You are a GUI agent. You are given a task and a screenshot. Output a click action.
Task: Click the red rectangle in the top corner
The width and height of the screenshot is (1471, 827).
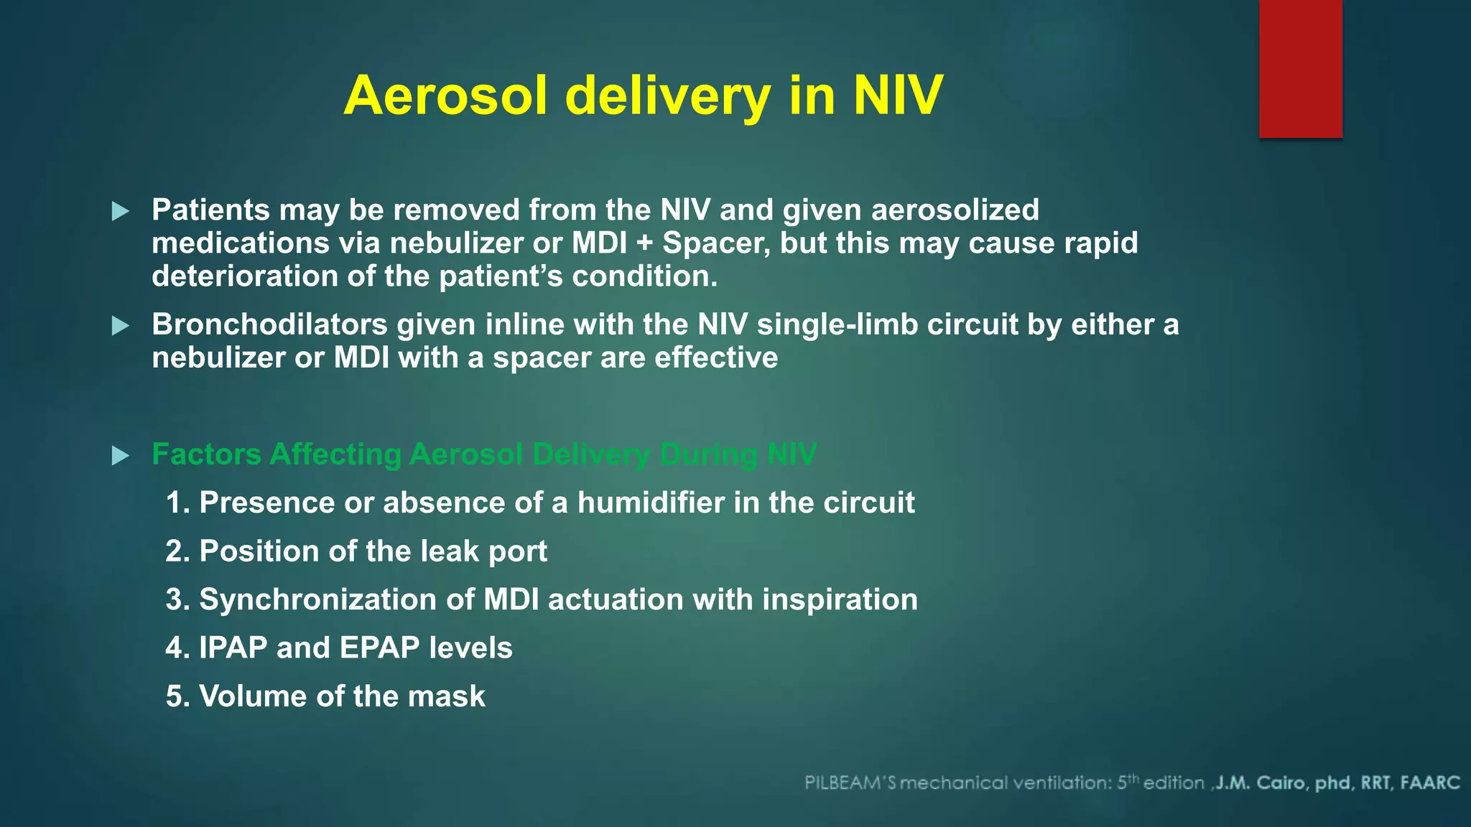tap(1300, 68)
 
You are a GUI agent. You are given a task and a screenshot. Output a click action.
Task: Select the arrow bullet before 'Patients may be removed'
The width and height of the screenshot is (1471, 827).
tap(121, 211)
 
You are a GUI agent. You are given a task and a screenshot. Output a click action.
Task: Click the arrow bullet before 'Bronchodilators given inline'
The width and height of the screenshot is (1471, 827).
tap(121, 326)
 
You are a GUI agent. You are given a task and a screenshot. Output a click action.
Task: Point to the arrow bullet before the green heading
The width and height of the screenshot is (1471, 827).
tap(121, 455)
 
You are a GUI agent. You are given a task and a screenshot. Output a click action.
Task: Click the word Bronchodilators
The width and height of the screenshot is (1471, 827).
tap(269, 324)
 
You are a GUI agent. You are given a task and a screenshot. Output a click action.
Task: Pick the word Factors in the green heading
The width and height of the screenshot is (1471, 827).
tap(206, 454)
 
